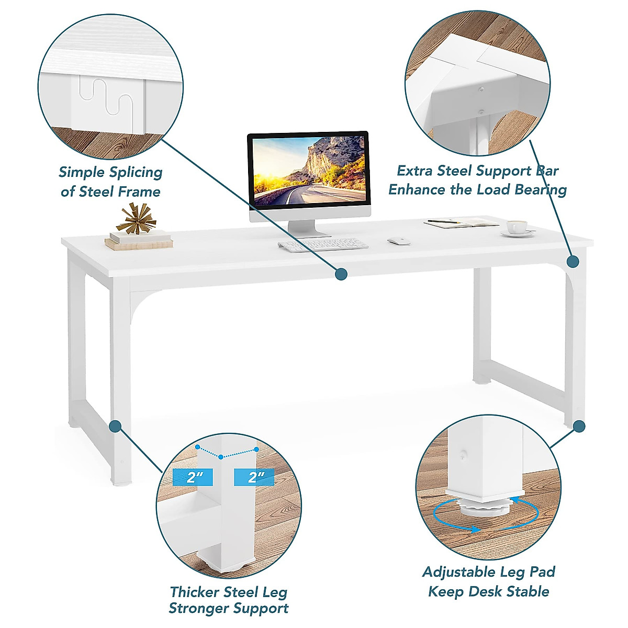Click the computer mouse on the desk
pyautogui.click(x=399, y=241)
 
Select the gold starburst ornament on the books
pyautogui.click(x=136, y=218)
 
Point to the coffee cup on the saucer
pyautogui.click(x=517, y=227)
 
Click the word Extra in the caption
pyautogui.click(x=416, y=171)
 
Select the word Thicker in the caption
pyautogui.click(x=194, y=592)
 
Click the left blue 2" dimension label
pyautogui.click(x=192, y=477)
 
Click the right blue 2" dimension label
pyautogui.click(x=254, y=477)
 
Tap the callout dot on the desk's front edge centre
pyautogui.click(x=341, y=273)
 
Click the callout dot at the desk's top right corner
pyautogui.click(x=573, y=261)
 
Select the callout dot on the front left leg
pyautogui.click(x=116, y=426)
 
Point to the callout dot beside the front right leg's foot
pyautogui.click(x=579, y=426)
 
